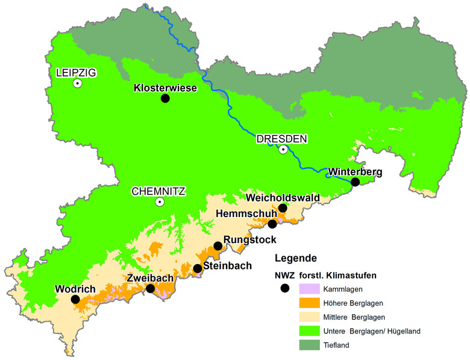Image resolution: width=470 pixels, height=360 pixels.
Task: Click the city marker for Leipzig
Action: point(77,84)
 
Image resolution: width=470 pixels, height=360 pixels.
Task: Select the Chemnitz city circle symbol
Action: point(159,202)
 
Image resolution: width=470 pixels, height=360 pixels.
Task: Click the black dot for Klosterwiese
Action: point(165,98)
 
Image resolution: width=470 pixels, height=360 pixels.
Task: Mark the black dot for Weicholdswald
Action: point(283,208)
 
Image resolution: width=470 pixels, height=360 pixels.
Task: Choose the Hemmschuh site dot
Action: point(272,224)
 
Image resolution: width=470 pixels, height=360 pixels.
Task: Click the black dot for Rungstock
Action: point(218,246)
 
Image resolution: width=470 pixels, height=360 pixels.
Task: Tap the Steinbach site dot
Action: point(197,268)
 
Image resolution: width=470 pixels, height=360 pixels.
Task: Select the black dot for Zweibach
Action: point(150,289)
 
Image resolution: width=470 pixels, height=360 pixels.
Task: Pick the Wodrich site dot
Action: point(75,299)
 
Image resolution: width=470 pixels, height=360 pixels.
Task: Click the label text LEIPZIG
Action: point(76,73)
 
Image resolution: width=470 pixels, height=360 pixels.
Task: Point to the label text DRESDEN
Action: point(281,139)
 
